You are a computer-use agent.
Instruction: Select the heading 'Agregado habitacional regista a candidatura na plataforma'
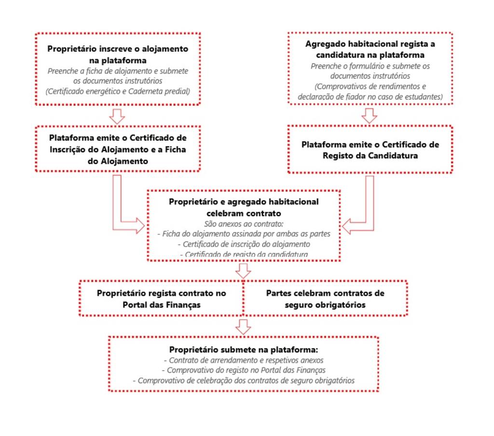pyautogui.click(x=370, y=49)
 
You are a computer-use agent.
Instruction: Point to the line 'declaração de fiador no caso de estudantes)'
pyautogui.click(x=370, y=96)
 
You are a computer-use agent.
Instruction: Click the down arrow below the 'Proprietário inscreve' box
pyautogui.click(x=117, y=116)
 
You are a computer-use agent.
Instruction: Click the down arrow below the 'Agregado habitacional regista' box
pyautogui.click(x=370, y=116)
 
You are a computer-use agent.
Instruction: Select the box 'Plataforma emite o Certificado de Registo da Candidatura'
pyautogui.click(x=370, y=150)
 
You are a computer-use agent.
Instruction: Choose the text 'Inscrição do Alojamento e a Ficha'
pyautogui.click(x=118, y=149)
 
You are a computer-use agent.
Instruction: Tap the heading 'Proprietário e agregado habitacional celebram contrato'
pyautogui.click(x=244, y=207)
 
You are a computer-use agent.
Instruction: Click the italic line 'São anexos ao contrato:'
pyautogui.click(x=244, y=224)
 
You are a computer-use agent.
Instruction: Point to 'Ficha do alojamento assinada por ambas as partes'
pyautogui.click(x=244, y=234)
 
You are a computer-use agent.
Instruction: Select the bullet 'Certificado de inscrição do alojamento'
pyautogui.click(x=244, y=244)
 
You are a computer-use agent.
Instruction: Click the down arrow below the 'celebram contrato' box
pyautogui.click(x=243, y=270)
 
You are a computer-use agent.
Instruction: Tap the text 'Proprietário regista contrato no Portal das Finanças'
pyautogui.click(x=162, y=299)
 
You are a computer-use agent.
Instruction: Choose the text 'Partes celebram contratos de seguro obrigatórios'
pyautogui.click(x=325, y=299)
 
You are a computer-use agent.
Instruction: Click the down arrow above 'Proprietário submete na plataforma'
pyautogui.click(x=243, y=326)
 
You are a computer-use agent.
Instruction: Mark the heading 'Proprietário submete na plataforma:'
pyautogui.click(x=244, y=349)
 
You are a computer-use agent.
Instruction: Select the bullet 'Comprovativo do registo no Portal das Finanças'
pyautogui.click(x=244, y=370)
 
